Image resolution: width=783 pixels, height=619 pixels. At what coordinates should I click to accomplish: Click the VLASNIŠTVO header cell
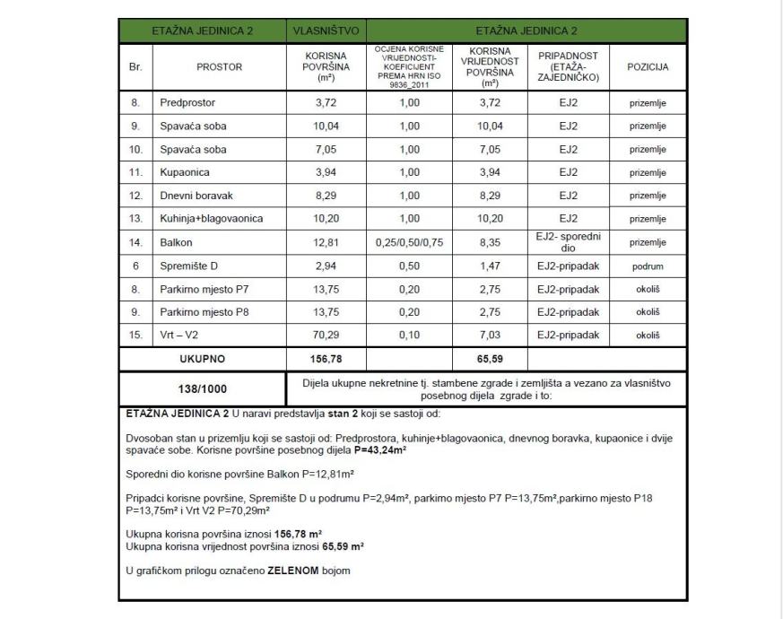326,30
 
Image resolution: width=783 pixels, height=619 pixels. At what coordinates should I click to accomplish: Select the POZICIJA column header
648,66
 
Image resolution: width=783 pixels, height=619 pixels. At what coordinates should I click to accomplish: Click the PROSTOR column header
219,66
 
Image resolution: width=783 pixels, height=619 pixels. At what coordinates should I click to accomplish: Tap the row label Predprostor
187,102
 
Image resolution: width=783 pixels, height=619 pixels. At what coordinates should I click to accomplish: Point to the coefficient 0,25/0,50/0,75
409,242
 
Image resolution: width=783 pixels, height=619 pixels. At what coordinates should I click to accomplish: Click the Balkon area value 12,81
326,242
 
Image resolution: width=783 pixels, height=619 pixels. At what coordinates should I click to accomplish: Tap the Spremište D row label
189,266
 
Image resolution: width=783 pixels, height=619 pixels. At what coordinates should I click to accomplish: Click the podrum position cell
648,266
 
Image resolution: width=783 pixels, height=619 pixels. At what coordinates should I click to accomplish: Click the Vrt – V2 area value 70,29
326,336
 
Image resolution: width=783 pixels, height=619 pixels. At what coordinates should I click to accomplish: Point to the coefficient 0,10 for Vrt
409,336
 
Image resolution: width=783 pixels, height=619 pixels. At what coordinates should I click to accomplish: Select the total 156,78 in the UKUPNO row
326,359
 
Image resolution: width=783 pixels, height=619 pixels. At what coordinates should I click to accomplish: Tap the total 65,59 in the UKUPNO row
490,359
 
